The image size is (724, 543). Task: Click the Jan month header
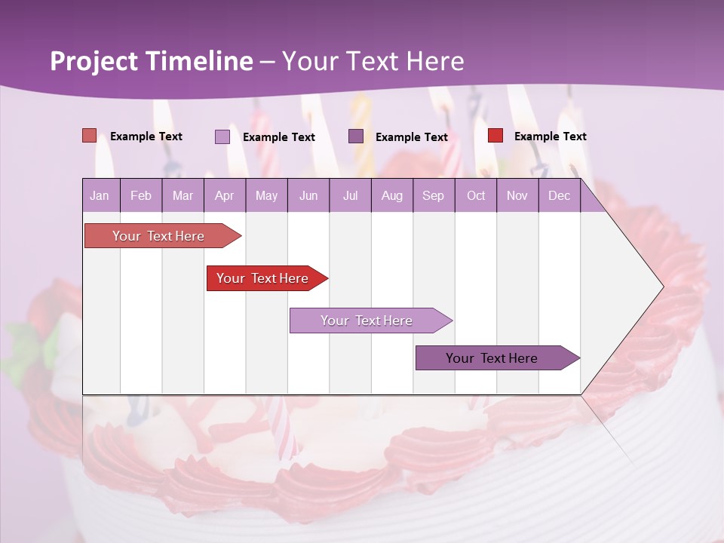click(100, 196)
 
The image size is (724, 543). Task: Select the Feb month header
click(141, 196)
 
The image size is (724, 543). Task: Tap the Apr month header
click(224, 196)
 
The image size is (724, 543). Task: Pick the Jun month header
click(308, 196)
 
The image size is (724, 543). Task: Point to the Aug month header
click(391, 196)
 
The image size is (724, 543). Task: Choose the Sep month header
click(433, 196)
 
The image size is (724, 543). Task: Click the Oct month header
click(476, 196)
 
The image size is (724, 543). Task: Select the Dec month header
click(559, 196)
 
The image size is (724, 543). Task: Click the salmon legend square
click(89, 136)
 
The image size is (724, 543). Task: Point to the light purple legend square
click(222, 137)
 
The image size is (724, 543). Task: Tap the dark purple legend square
click(356, 136)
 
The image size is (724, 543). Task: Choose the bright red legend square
click(495, 136)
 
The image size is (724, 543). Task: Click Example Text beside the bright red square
click(550, 137)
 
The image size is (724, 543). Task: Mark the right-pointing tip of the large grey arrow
click(663, 287)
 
